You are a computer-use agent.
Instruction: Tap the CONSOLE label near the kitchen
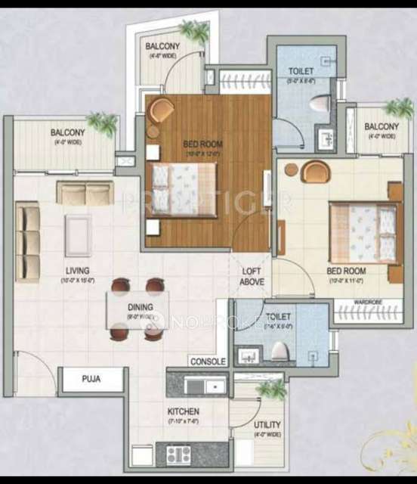pyautogui.click(x=208, y=361)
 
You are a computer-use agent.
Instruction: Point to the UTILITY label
pyautogui.click(x=268, y=426)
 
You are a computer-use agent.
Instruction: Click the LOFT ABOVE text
pyautogui.click(x=252, y=276)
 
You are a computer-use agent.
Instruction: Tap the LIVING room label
pyautogui.click(x=78, y=270)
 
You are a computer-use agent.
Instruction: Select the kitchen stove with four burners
pyautogui.click(x=181, y=455)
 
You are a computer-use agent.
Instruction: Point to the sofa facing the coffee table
pyautogui.click(x=85, y=193)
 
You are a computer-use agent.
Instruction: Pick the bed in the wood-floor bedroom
pyautogui.click(x=184, y=182)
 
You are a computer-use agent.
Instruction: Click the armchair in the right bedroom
pyautogui.click(x=317, y=172)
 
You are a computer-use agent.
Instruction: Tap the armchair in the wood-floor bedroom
pyautogui.click(x=159, y=112)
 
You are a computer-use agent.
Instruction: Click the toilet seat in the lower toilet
pyautogui.click(x=279, y=350)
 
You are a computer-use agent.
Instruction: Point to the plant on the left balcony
pyautogui.click(x=102, y=121)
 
